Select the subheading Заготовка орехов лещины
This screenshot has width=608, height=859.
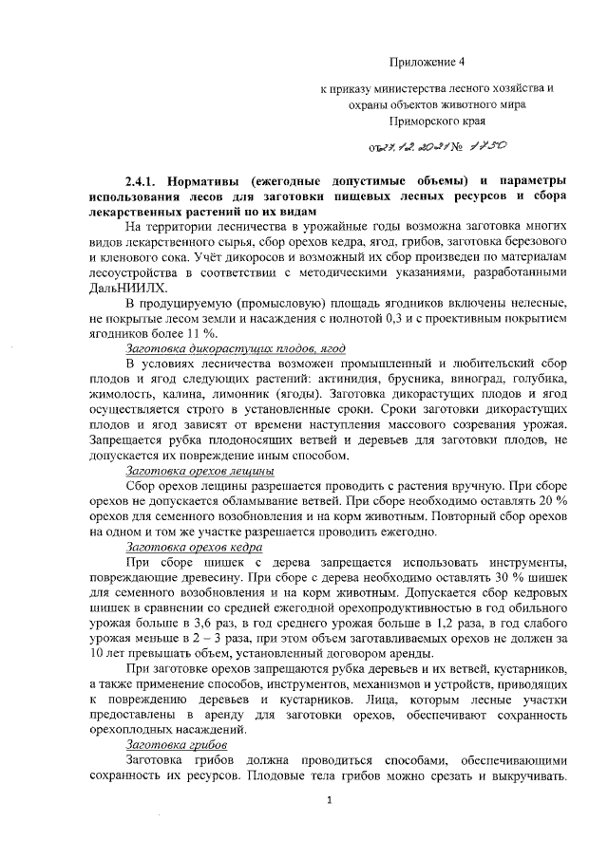click(x=199, y=471)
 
